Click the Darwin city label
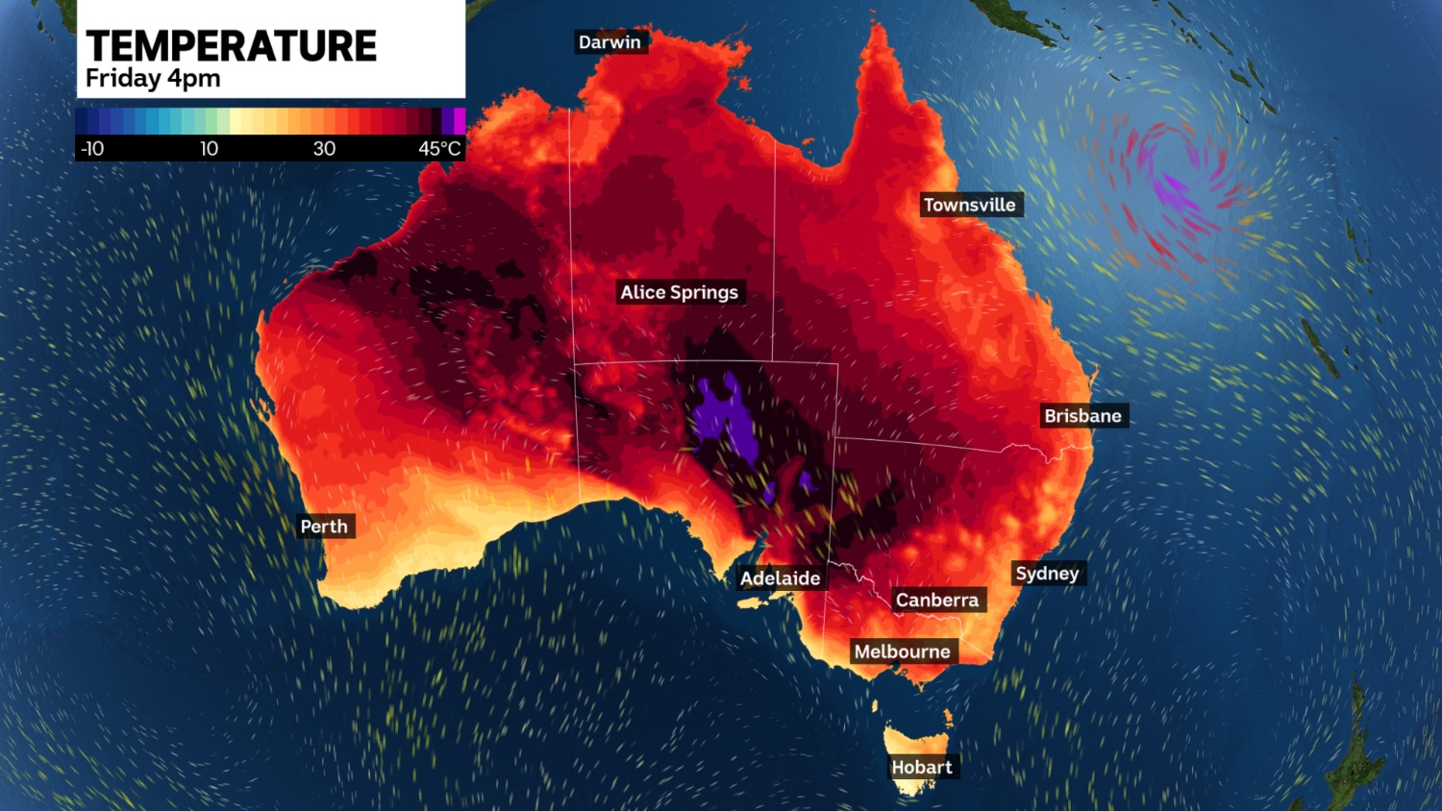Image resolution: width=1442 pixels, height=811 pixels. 609,42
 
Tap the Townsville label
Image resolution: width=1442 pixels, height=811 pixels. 969,205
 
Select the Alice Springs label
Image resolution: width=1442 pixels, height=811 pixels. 679,292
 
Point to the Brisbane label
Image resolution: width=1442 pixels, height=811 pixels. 1082,416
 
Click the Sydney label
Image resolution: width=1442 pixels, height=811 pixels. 1047,574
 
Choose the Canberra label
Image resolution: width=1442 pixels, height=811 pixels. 936,601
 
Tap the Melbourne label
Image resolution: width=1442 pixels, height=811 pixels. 902,651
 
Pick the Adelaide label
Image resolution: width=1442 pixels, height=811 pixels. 780,578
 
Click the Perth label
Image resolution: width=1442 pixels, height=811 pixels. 324,527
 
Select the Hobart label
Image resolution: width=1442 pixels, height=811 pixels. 921,767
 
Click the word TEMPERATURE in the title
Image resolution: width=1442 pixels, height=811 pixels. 231,46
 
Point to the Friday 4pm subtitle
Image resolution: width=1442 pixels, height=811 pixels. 153,79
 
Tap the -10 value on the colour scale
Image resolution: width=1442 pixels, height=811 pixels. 93,149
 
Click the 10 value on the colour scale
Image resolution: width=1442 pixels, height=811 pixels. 209,149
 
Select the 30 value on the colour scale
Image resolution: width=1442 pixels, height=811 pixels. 324,149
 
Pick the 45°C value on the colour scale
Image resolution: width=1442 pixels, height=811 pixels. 439,149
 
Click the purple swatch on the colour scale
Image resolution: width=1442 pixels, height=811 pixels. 454,121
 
